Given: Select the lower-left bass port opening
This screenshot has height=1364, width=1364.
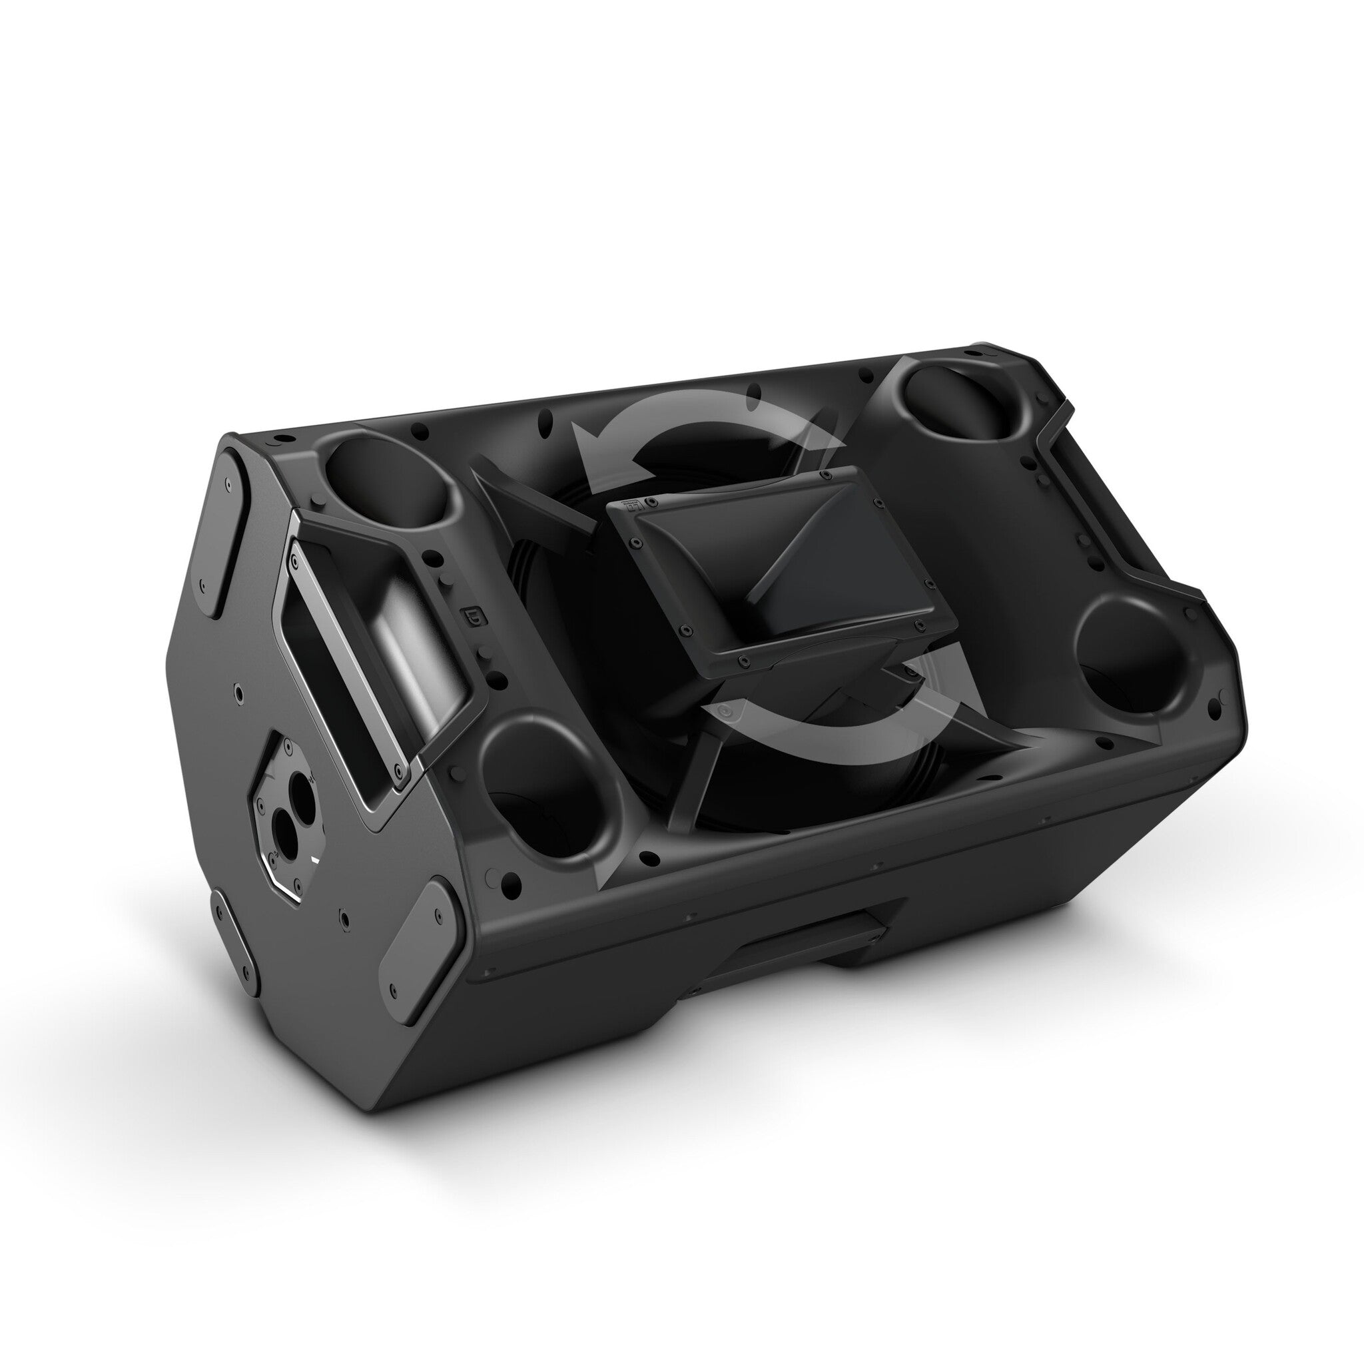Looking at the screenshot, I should tap(543, 791).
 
